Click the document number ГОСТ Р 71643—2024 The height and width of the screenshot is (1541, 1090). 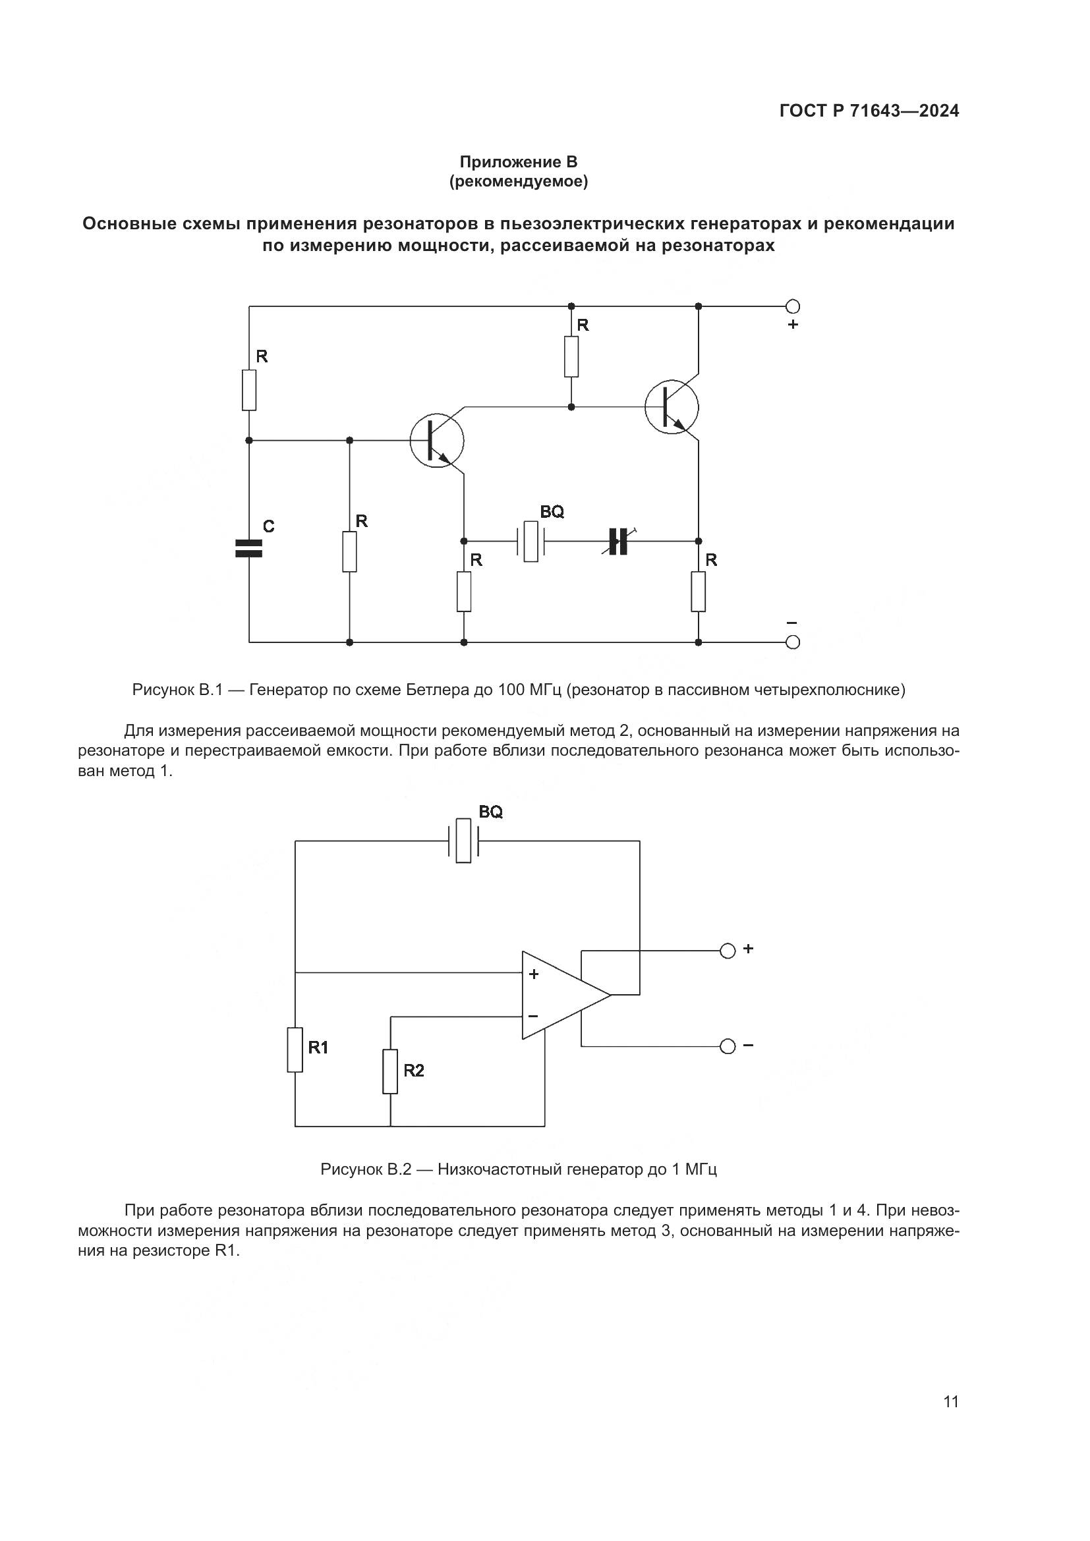[869, 111]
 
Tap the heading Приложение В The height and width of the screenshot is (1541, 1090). [518, 162]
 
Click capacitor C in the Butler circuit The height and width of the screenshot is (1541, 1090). [248, 548]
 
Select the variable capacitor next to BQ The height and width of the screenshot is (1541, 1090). [617, 541]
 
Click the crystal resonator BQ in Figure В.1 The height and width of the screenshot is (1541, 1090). [531, 541]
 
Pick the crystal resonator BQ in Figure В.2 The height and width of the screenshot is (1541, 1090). [463, 840]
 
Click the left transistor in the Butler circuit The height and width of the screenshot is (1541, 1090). [437, 440]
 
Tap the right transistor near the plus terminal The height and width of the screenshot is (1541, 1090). [671, 406]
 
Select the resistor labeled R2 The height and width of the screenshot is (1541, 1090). [390, 1071]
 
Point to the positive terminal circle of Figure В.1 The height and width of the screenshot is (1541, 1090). [792, 307]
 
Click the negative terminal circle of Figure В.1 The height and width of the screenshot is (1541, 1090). [792, 642]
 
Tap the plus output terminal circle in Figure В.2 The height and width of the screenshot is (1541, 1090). [727, 951]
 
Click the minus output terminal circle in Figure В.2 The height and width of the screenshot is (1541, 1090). [727, 1046]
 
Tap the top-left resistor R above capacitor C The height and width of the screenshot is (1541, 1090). [249, 389]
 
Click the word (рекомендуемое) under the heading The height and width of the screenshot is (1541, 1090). [518, 182]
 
